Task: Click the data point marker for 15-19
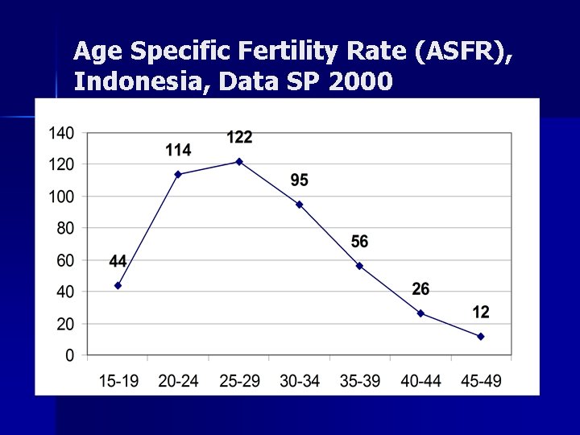pos(118,285)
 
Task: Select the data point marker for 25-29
pos(239,162)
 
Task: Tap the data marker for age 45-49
pos(481,337)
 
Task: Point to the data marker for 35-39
pos(360,266)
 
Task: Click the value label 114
pos(178,150)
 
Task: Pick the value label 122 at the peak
pos(239,137)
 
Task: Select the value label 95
pos(299,180)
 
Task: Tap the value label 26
pos(420,289)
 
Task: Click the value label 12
pos(481,312)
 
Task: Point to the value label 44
pos(118,261)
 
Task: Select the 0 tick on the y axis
pos(69,355)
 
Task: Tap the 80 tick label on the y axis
pos(64,228)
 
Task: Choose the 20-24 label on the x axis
pos(178,380)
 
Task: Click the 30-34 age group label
pos(299,380)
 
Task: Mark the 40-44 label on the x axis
pos(420,380)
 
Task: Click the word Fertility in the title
pos(285,52)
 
